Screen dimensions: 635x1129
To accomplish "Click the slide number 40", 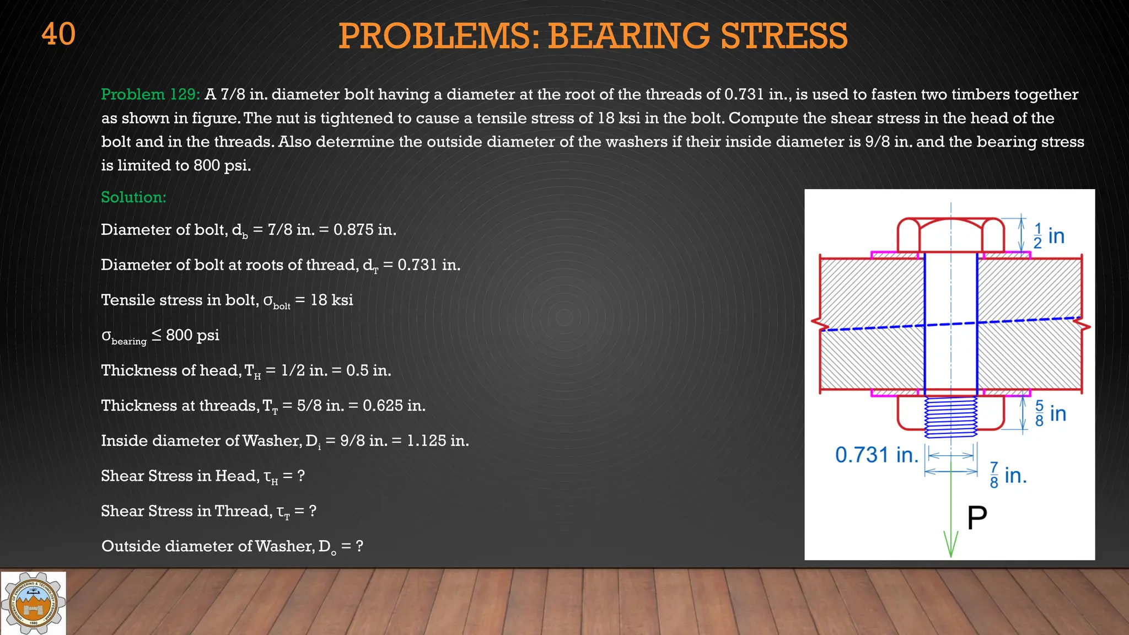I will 58,34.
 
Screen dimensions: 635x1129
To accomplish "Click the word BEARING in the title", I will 628,36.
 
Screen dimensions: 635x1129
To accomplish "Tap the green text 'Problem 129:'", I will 150,94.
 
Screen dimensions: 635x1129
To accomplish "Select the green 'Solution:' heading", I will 133,197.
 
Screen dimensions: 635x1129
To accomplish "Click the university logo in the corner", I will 33,603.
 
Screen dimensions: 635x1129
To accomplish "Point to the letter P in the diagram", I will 977,518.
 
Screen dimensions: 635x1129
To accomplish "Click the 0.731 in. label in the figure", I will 877,455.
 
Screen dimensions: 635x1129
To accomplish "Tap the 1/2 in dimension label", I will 1049,236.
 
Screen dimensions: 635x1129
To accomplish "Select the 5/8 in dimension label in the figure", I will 1050,413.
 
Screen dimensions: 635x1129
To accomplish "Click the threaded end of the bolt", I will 950,417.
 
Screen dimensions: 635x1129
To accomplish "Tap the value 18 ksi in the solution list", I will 331,300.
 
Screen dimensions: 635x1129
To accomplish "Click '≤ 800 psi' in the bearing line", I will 185,335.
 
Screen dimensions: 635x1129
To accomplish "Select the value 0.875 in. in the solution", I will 364,230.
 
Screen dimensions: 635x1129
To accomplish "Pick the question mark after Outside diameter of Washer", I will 359,546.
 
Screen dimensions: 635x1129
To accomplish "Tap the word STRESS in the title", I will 784,36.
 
